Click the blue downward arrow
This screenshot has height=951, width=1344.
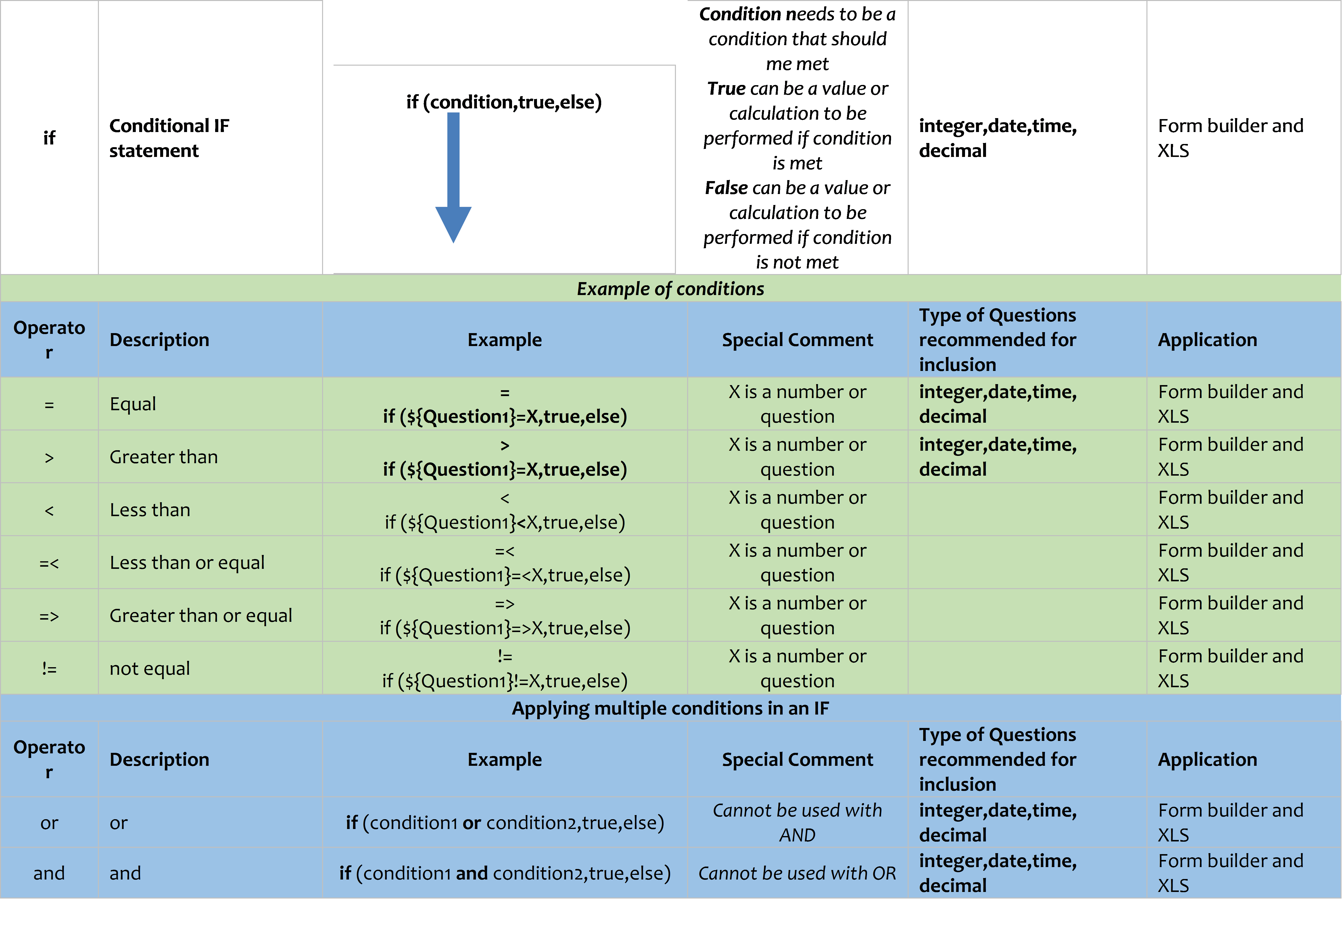tap(453, 176)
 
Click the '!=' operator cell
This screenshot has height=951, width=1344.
tap(49, 668)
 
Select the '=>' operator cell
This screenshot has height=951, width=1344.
tap(49, 615)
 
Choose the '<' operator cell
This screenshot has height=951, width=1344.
tap(49, 510)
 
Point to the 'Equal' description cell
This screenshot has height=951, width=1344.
tap(133, 404)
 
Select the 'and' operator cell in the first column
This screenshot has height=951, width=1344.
tap(49, 873)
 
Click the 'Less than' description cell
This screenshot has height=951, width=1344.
tap(150, 510)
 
